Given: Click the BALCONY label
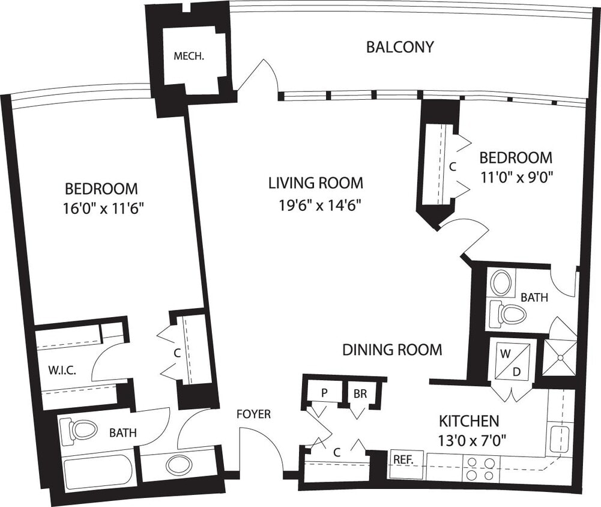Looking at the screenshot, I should click(400, 47).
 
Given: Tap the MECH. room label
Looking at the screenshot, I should click(189, 57).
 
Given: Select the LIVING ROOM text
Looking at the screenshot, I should click(315, 183).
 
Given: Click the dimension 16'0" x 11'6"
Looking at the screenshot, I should click(106, 210).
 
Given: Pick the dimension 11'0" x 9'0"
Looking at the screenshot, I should click(516, 177).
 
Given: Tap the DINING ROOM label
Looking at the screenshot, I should click(392, 350).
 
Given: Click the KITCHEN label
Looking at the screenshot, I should click(469, 420).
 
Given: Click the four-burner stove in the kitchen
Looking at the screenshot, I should click(481, 469).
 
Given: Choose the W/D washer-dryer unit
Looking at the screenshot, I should click(510, 361).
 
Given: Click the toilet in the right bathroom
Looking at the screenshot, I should click(510, 314).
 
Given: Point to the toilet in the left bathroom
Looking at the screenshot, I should click(82, 429).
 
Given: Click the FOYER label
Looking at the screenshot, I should click(253, 414).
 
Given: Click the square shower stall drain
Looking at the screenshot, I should click(560, 357).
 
